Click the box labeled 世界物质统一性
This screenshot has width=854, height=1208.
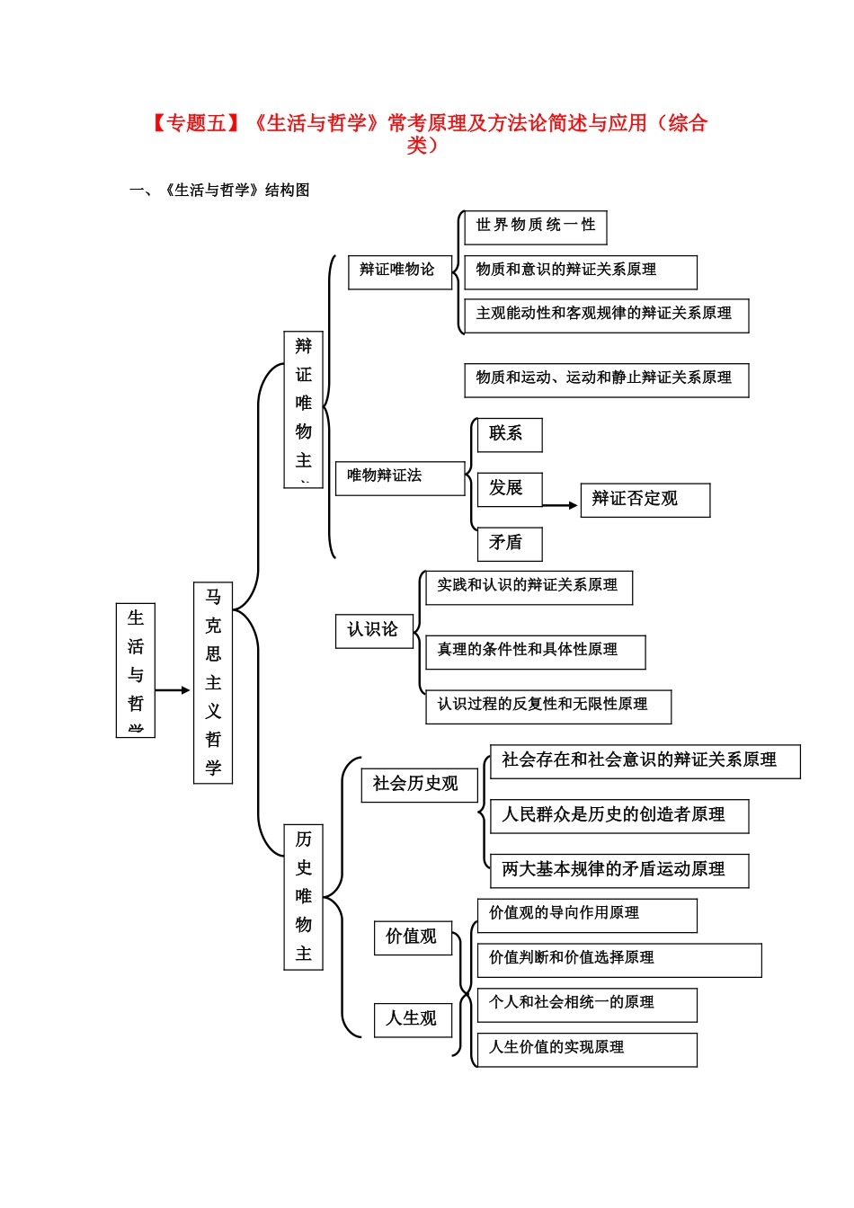535,226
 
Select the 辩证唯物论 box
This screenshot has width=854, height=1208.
399,271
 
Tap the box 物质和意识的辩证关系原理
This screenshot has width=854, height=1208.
580,271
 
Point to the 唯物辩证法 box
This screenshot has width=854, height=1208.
400,477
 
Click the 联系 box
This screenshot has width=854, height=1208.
509,435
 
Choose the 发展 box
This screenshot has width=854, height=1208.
509,489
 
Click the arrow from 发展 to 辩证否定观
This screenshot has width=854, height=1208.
561,505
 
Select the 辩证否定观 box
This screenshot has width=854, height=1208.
645,500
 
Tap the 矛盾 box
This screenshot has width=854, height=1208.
509,544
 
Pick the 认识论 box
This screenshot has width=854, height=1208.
373,630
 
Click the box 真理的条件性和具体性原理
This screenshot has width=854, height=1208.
535,652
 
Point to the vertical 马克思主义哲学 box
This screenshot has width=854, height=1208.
213,682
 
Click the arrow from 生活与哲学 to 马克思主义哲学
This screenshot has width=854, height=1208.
173,690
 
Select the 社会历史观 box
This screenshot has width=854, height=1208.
418,785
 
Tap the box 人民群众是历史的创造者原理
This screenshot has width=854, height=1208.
618,816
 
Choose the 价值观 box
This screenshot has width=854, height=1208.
413,937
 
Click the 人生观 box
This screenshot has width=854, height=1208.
413,1019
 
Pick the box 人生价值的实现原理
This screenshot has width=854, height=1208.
586,1049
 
